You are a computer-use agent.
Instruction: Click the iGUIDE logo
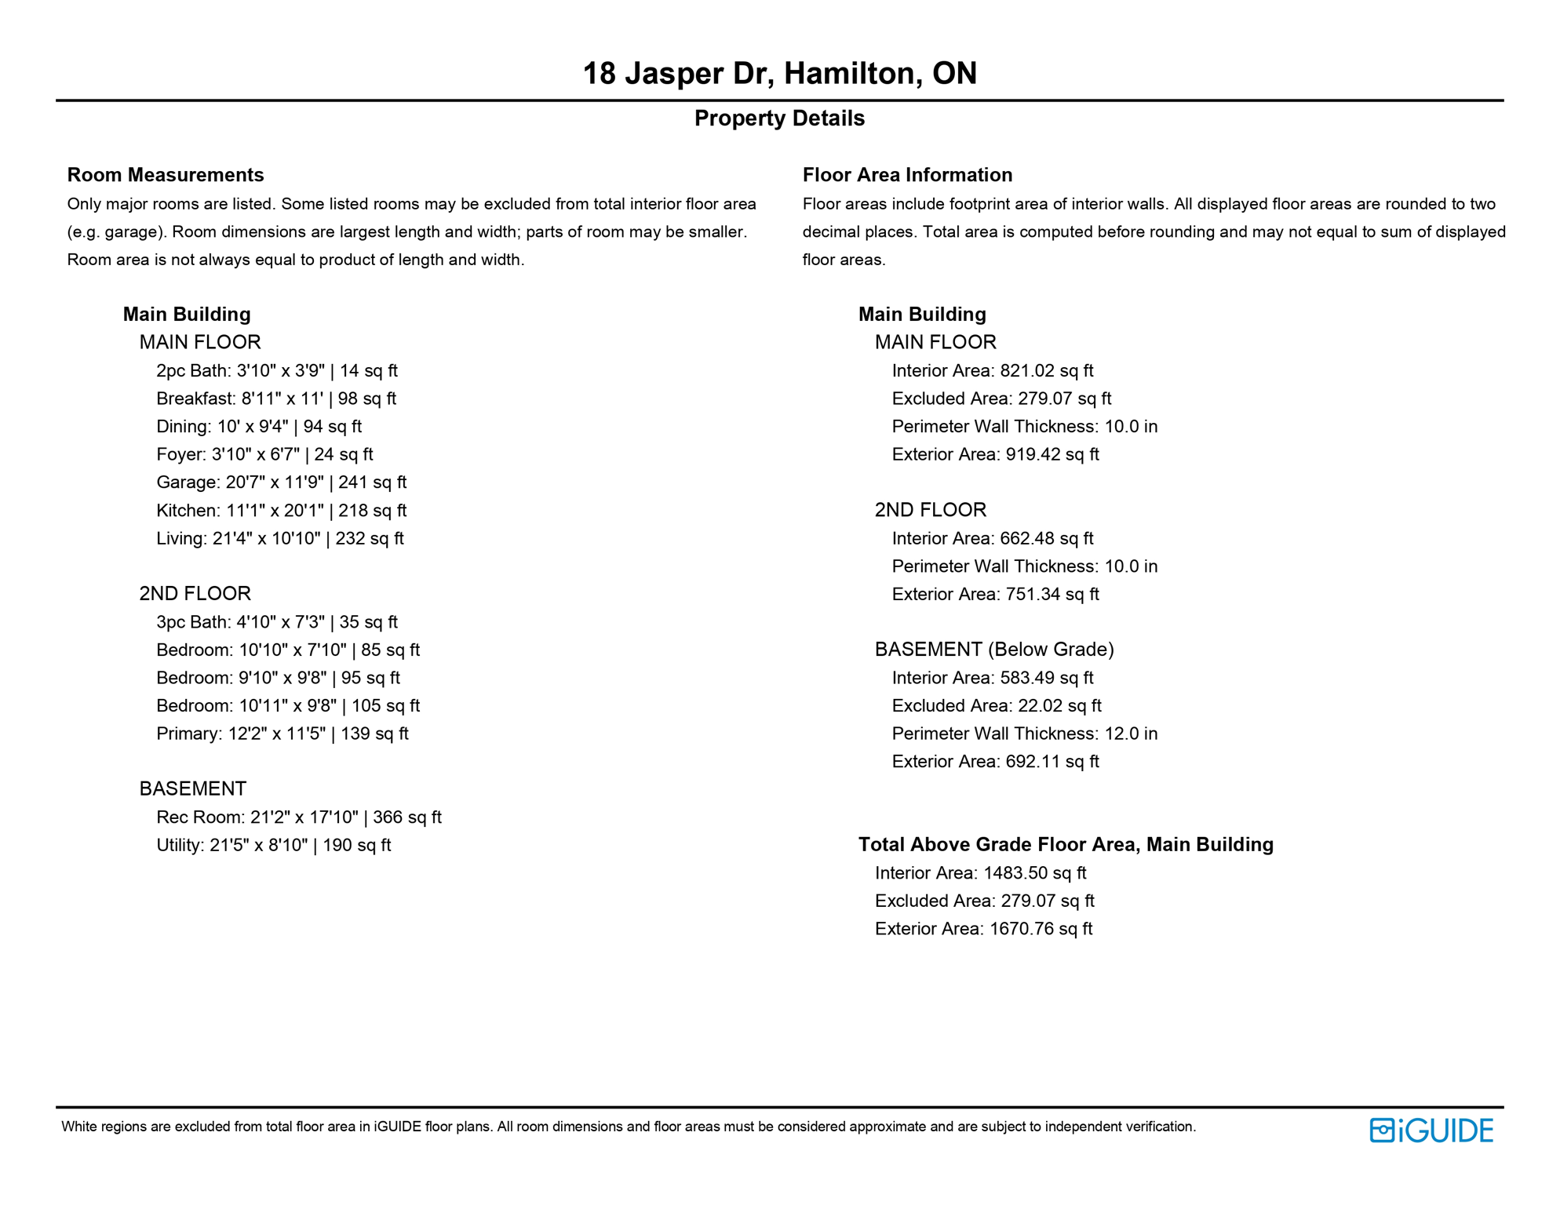[x=1431, y=1130]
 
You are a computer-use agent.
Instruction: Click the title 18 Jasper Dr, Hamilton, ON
[x=779, y=74]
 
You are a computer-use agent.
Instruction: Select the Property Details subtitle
[x=779, y=118]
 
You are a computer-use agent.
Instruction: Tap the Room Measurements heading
[x=166, y=175]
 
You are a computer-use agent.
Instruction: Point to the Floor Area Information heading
[x=907, y=175]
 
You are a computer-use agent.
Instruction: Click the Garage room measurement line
[x=281, y=482]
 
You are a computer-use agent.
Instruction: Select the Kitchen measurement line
[x=281, y=511]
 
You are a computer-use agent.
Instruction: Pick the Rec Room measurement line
[x=298, y=817]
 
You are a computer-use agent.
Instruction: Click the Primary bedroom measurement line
[x=282, y=734]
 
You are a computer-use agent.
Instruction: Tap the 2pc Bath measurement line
[x=276, y=371]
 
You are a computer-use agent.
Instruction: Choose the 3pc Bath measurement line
[x=276, y=622]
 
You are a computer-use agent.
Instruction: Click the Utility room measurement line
[x=273, y=846]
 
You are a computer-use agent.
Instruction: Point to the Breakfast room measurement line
[x=275, y=399]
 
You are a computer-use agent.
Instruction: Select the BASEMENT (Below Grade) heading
[x=994, y=650]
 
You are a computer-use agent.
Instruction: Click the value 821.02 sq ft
[x=1046, y=371]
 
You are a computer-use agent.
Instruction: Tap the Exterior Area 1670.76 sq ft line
[x=983, y=929]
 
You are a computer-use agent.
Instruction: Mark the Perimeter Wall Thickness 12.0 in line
[x=1024, y=734]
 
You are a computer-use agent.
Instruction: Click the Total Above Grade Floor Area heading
[x=1066, y=845]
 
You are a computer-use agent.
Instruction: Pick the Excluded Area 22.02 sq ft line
[x=996, y=706]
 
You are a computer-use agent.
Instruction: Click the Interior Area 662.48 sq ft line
[x=992, y=539]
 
